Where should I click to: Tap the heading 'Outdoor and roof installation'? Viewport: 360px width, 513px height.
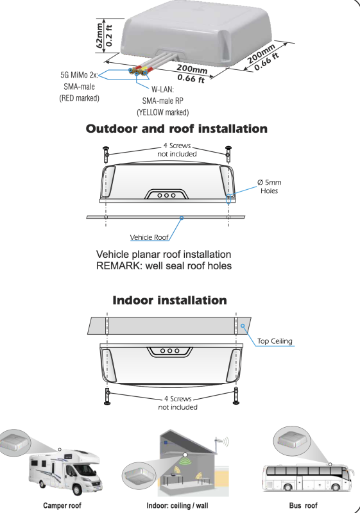coord(176,129)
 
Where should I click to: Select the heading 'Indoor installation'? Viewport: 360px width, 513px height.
coord(169,300)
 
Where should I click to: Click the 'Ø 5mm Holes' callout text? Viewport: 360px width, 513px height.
coord(269,187)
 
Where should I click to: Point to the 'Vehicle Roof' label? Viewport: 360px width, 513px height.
coord(150,237)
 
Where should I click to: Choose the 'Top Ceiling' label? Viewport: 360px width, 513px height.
coord(275,341)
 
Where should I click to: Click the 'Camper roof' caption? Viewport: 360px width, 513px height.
coord(62,505)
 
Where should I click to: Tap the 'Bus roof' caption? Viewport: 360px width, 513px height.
coord(304,505)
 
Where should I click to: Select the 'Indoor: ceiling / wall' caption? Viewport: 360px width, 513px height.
coord(177,505)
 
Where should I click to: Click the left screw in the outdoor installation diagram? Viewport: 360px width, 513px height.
coord(106,154)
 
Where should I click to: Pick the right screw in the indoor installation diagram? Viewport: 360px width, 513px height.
coord(236,396)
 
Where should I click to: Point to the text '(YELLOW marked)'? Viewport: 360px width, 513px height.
coord(162,113)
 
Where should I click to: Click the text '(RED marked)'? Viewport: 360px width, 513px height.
coord(79,98)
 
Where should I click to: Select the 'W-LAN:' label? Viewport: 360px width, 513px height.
coord(162,89)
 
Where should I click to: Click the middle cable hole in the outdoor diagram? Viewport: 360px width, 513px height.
coord(167,196)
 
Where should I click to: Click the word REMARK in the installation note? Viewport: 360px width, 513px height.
coord(119,265)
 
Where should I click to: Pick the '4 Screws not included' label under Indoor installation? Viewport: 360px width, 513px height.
coord(178,403)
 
